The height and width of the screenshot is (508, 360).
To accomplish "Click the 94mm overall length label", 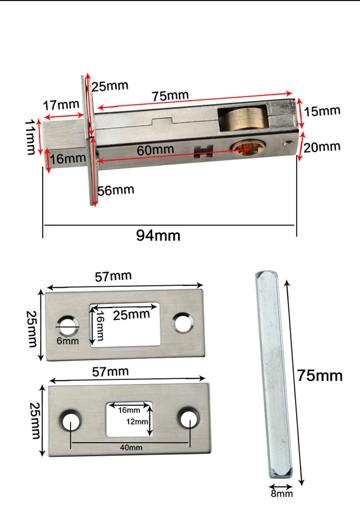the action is pyautogui.click(x=158, y=235).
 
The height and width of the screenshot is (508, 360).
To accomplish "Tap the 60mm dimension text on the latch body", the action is pyautogui.click(x=155, y=150).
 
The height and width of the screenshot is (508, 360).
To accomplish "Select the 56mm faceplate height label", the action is pyautogui.click(x=116, y=190).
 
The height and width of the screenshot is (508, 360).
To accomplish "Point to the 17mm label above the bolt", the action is pyautogui.click(x=61, y=105).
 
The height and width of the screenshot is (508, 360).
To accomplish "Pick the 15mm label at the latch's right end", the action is pyautogui.click(x=322, y=111).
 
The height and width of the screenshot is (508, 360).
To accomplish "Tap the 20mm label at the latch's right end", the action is pyautogui.click(x=322, y=147).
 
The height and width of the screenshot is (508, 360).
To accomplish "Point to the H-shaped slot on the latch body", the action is pyautogui.click(x=203, y=152).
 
